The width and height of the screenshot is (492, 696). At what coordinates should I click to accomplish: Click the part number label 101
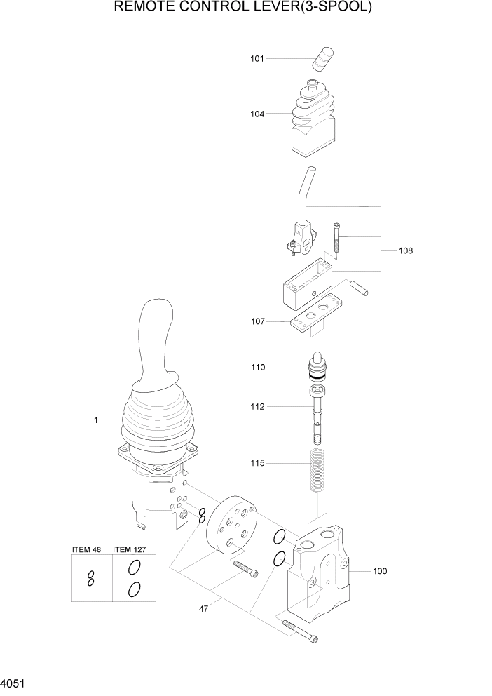click(257, 59)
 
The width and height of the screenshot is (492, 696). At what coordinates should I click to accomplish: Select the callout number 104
click(257, 114)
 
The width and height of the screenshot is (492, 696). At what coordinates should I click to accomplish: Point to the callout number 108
click(405, 250)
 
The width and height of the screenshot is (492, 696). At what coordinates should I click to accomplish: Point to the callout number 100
click(379, 571)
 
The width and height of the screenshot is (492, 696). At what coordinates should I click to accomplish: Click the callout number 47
click(203, 609)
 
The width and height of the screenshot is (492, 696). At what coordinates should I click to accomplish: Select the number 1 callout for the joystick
click(96, 420)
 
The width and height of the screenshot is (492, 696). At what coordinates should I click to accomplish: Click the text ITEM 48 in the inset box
click(87, 549)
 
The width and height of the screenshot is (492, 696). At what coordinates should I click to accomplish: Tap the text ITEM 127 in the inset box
click(129, 549)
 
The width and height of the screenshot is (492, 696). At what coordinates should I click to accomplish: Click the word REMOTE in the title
click(144, 8)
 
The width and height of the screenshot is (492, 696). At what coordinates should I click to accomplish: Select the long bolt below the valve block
click(299, 630)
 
